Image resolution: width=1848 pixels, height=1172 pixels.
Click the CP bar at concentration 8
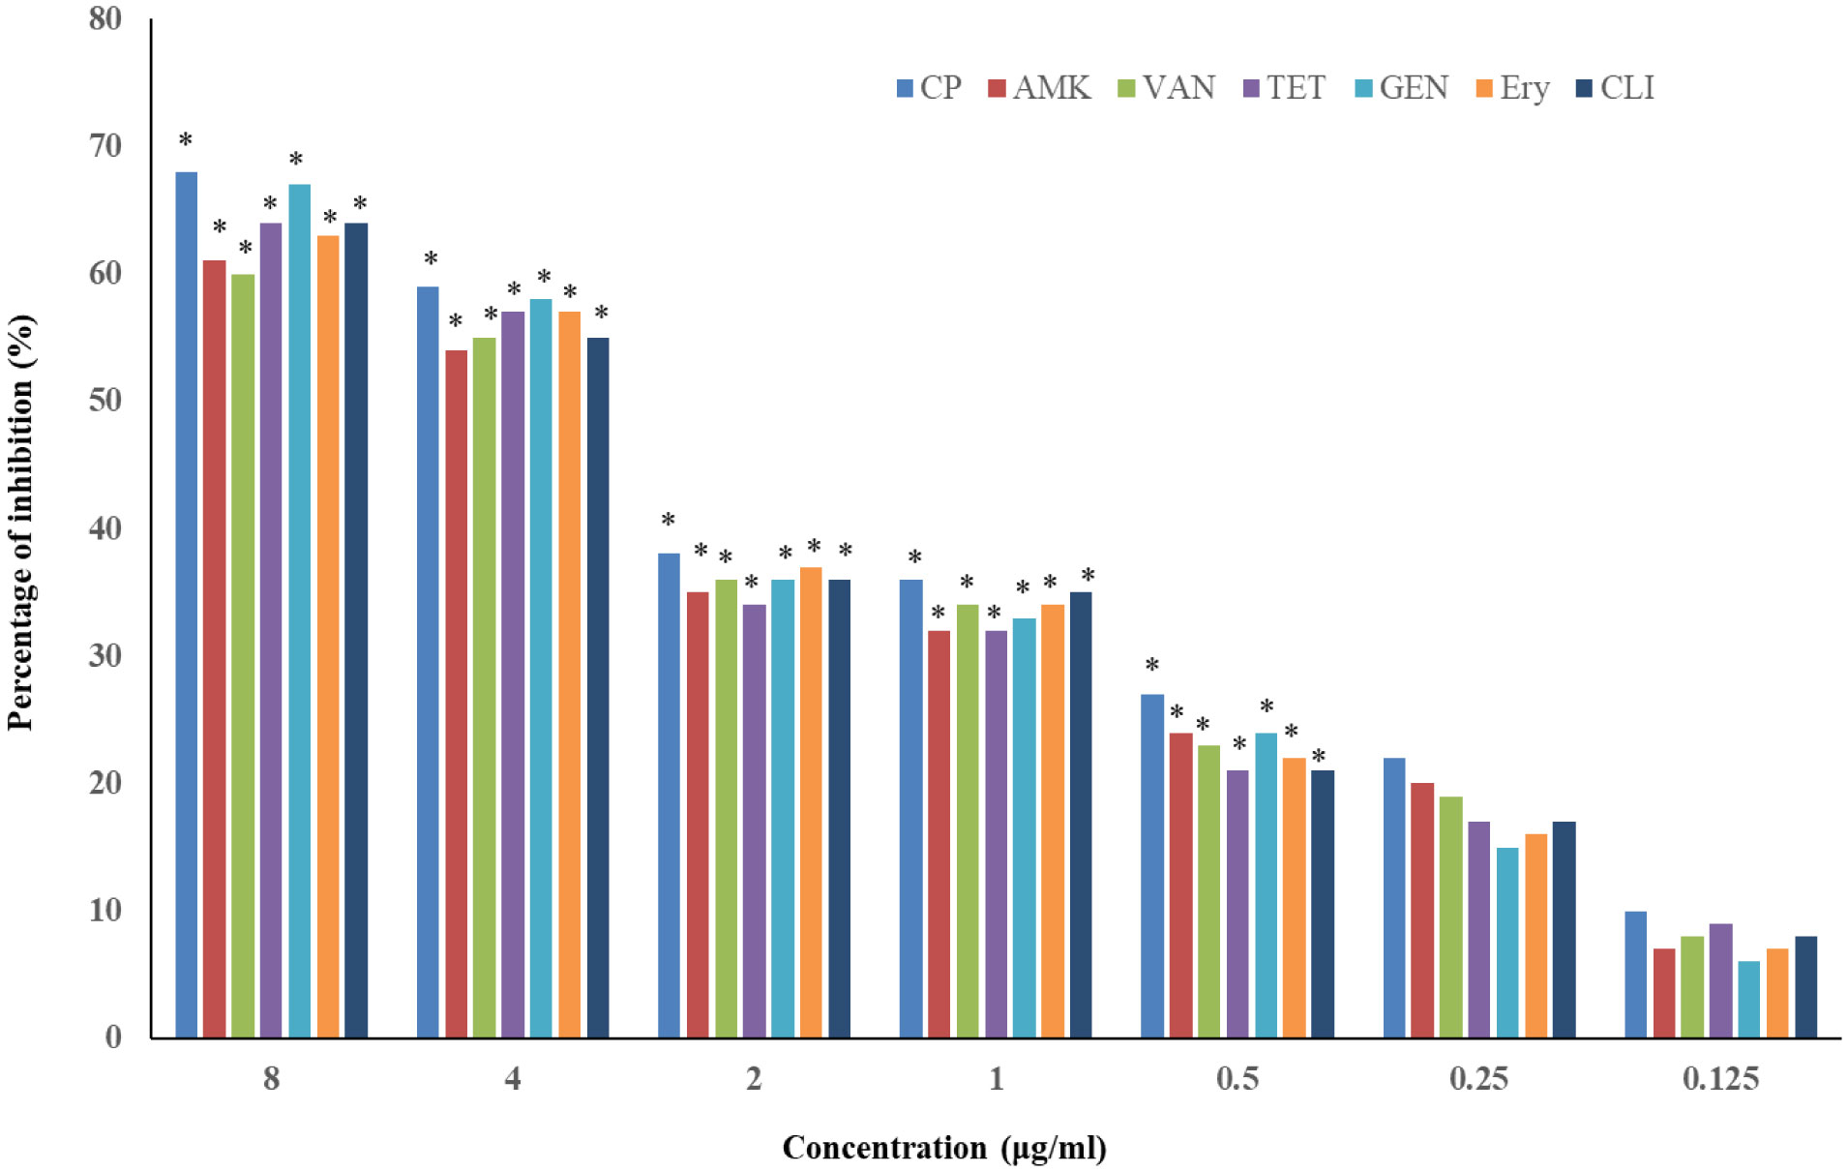pos(186,604)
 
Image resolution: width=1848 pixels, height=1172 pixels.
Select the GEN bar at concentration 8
pos(299,610)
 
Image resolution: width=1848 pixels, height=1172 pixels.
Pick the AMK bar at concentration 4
pos(456,693)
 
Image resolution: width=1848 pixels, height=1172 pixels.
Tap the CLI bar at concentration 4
pos(598,687)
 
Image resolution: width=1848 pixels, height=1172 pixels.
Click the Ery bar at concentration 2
pos(811,802)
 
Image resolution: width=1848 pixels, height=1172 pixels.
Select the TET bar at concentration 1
pos(996,833)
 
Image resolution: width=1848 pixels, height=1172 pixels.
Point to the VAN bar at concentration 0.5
pos(1208,890)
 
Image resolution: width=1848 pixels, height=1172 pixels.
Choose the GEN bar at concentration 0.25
pos(1507,942)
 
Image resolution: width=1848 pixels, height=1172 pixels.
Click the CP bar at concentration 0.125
pos(1635,974)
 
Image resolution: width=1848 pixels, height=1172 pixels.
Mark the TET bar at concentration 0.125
pos(1720,979)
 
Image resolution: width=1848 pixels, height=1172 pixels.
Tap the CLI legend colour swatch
pos(1585,88)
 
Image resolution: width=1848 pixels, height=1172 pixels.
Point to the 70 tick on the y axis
pos(105,146)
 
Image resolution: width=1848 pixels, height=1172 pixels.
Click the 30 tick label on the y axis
pos(105,655)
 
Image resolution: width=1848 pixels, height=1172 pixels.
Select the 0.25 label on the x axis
pos(1478,1078)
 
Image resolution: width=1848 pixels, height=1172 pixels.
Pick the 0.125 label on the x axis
pos(1720,1078)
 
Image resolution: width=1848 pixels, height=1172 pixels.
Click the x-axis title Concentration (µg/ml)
pos(943,1148)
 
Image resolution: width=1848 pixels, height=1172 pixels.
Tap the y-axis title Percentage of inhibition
pos(21,523)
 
